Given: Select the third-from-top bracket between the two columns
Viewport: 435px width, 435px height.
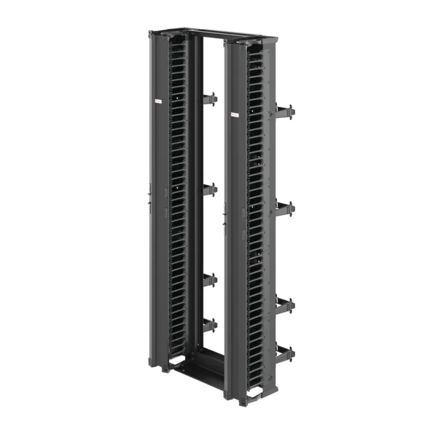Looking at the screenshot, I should pyautogui.click(x=210, y=280).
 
